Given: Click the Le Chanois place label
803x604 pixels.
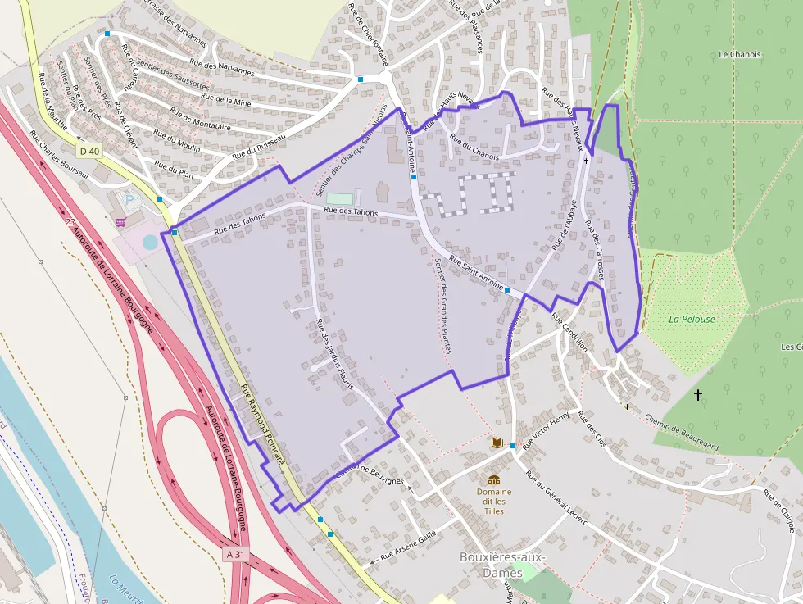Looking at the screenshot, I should [x=739, y=55].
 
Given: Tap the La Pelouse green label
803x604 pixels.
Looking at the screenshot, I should [x=692, y=319].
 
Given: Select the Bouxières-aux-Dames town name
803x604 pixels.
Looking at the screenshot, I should [x=501, y=565].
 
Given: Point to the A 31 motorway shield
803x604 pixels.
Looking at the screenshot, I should [x=235, y=554].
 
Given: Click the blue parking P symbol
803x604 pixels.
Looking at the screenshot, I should [x=128, y=199].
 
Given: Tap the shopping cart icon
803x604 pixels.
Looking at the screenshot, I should [x=120, y=221].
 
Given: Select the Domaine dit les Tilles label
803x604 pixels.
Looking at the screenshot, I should [x=494, y=501].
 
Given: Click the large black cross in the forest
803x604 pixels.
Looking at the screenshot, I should [x=698, y=395].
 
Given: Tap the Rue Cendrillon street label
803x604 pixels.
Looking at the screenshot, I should [x=569, y=332].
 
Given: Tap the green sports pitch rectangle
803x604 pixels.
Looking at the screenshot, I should [x=340, y=198].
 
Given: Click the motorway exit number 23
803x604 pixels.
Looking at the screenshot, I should [x=70, y=222].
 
